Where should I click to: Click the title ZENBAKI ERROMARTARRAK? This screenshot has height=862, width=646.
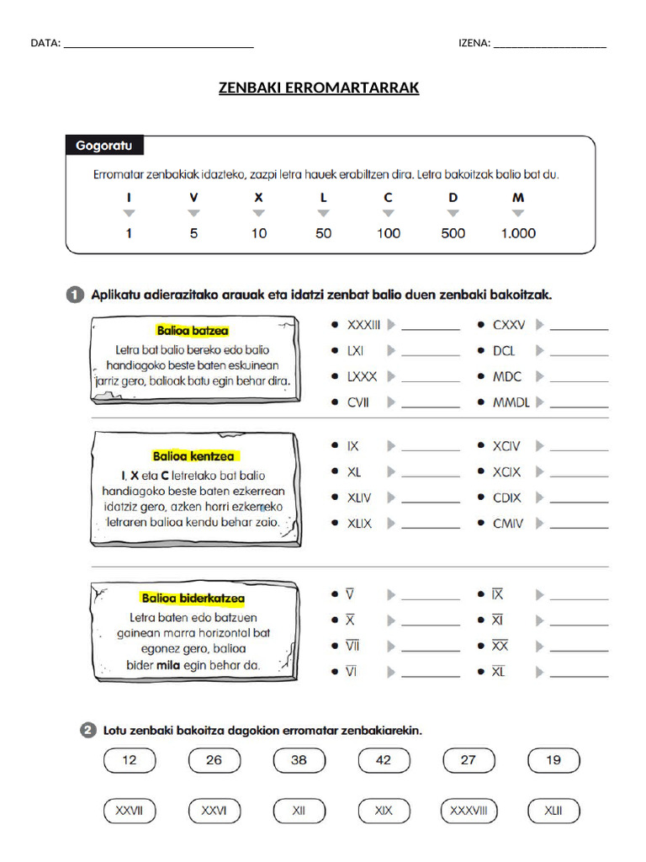point(319,88)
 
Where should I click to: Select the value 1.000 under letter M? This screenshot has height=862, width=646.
point(517,233)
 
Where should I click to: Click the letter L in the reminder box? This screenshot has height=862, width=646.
point(323,197)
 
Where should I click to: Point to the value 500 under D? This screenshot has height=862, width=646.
point(453,233)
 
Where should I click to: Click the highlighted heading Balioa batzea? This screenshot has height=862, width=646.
point(193,331)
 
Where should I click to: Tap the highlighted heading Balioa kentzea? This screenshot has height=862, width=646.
point(193,456)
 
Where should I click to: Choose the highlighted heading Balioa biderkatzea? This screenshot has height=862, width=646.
point(193,599)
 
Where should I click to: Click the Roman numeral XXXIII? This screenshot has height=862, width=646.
point(364,324)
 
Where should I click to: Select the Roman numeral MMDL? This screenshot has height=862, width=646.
point(511,402)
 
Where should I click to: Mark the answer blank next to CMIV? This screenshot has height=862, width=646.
point(579,524)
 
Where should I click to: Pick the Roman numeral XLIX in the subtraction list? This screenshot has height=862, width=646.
point(359,524)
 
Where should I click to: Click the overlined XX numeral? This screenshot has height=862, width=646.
point(500,646)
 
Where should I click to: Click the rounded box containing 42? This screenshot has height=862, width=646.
point(384,760)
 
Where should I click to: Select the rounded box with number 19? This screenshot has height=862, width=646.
point(553,760)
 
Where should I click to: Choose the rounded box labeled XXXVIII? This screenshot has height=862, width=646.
point(469,811)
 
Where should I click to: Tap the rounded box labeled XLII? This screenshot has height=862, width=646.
point(553,811)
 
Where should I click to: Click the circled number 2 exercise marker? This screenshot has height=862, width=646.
point(89,731)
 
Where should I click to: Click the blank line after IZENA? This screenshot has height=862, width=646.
point(549,44)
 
